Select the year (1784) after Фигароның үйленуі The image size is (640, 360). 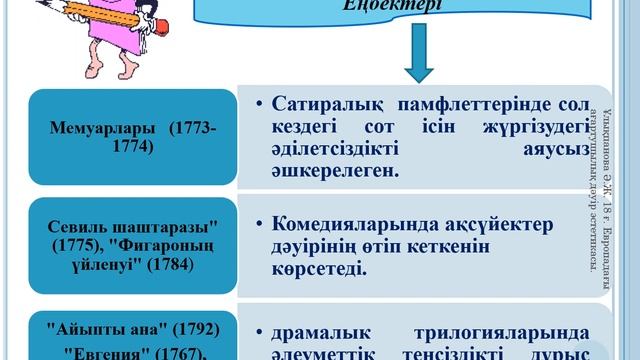(162, 264)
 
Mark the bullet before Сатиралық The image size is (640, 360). (258, 104)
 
